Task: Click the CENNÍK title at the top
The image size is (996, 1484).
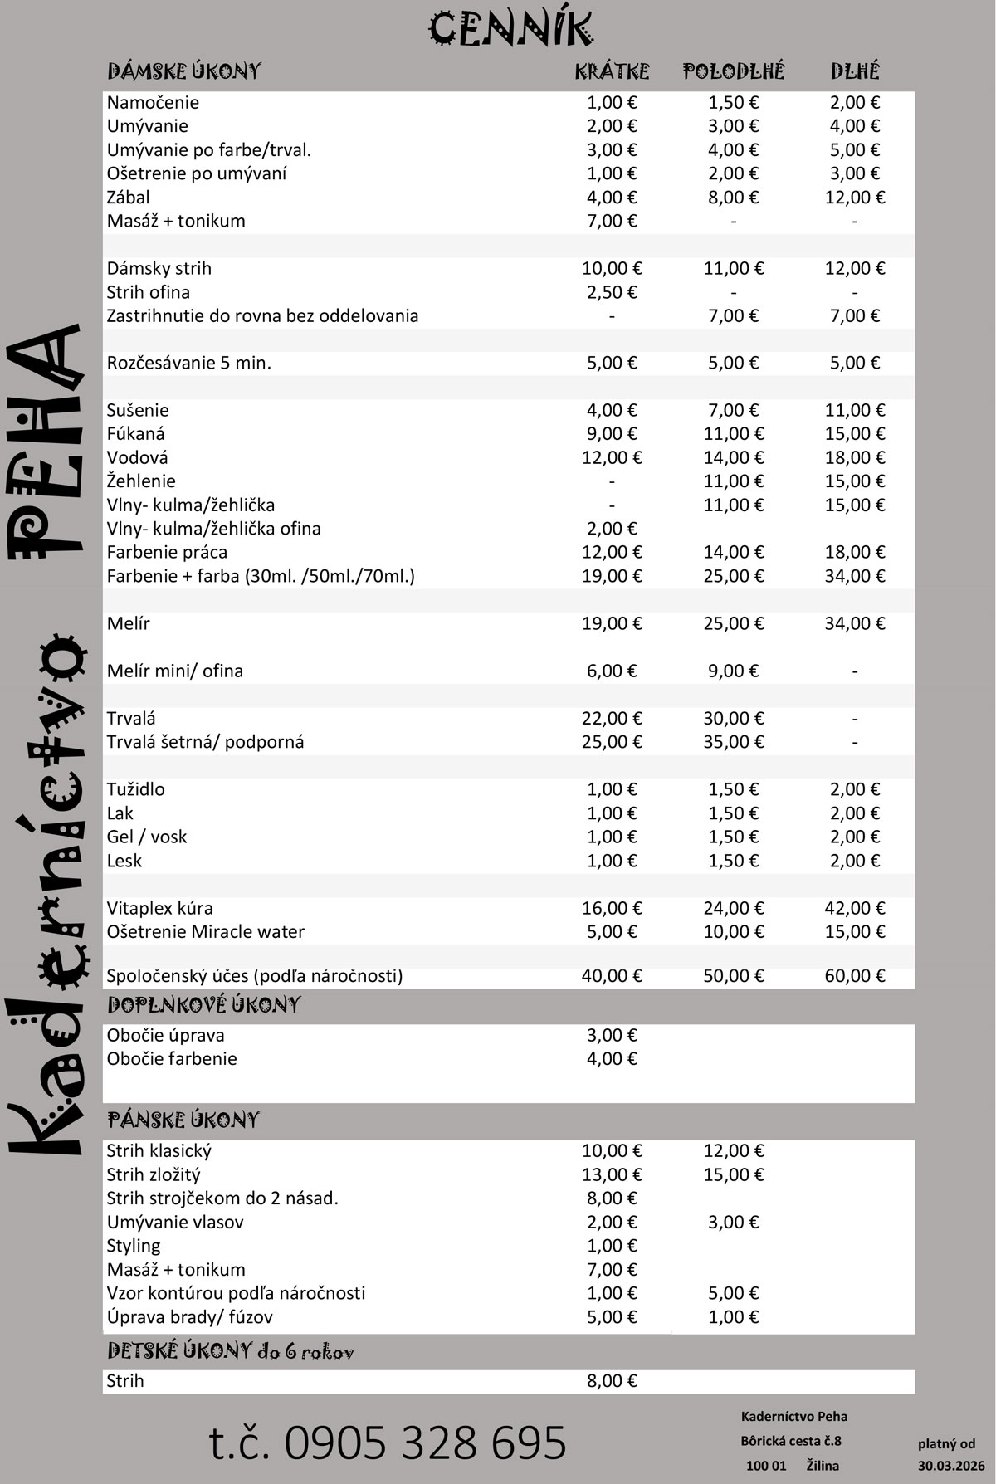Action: (511, 30)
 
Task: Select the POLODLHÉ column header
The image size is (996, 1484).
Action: (733, 71)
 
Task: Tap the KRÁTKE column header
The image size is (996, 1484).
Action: (612, 71)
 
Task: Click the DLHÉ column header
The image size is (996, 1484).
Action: (855, 71)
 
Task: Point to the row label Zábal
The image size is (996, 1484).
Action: (129, 198)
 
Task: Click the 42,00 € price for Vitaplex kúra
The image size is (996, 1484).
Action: (855, 908)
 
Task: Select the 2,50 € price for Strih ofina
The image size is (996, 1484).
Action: (612, 292)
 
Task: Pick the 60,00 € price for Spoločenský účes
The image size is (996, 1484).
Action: (855, 976)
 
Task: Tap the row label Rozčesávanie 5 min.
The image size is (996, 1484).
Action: (189, 363)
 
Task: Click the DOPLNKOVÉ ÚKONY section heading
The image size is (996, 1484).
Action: (204, 1005)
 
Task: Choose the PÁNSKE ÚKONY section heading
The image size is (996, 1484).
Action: (183, 1120)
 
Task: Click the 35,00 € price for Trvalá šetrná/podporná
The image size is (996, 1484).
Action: (733, 742)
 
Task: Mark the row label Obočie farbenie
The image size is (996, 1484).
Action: (172, 1059)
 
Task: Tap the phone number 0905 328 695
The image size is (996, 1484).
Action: (388, 1442)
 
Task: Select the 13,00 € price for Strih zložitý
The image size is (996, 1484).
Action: (612, 1174)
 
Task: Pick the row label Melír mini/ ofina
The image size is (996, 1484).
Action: (175, 671)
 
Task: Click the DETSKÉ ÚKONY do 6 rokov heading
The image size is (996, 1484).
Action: (231, 1351)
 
